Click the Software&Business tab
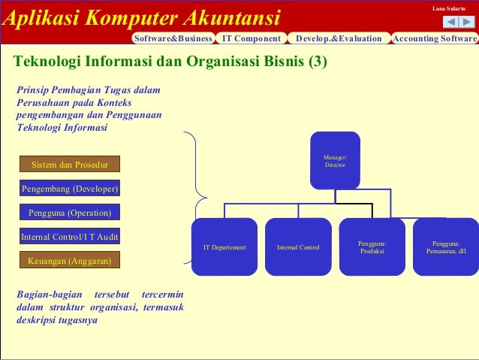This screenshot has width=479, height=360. pyautogui.click(x=173, y=38)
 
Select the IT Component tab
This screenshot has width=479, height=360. pyautogui.click(x=252, y=38)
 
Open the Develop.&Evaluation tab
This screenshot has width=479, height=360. pyautogui.click(x=339, y=38)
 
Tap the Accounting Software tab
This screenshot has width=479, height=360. pyautogui.click(x=435, y=38)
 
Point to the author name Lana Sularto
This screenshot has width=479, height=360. pyautogui.click(x=449, y=8)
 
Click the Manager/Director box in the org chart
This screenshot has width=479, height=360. pyautogui.click(x=335, y=160)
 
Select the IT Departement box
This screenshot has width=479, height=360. pyautogui.click(x=224, y=247)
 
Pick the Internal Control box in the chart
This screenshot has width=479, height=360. pyautogui.click(x=298, y=247)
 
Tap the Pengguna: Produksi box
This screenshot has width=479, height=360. pyautogui.click(x=372, y=247)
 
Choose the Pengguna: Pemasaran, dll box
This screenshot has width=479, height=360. pyautogui.click(x=446, y=247)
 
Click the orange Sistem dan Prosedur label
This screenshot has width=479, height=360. pyautogui.click(x=69, y=164)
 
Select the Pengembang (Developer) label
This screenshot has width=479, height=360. pyautogui.click(x=69, y=189)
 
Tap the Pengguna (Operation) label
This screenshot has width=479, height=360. pyautogui.click(x=69, y=213)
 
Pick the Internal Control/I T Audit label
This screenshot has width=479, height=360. pyautogui.click(x=69, y=237)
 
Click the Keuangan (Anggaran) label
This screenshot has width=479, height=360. pyautogui.click(x=69, y=261)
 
